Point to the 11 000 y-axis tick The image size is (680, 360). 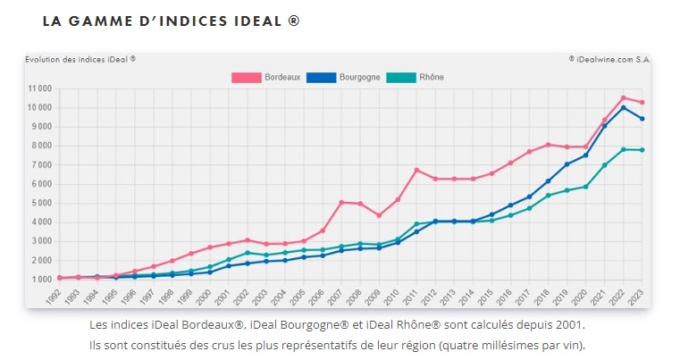(x=38, y=88)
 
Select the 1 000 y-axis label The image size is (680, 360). (x=41, y=279)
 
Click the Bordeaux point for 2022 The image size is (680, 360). (x=623, y=98)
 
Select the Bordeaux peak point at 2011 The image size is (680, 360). (x=416, y=170)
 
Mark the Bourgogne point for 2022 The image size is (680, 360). (x=623, y=107)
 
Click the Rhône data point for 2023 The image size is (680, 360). (x=642, y=150)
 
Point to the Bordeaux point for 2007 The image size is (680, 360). (x=341, y=202)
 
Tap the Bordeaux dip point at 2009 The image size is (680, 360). (x=379, y=215)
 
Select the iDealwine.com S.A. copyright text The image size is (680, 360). (x=609, y=59)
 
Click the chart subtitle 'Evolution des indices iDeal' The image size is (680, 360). (x=80, y=59)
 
